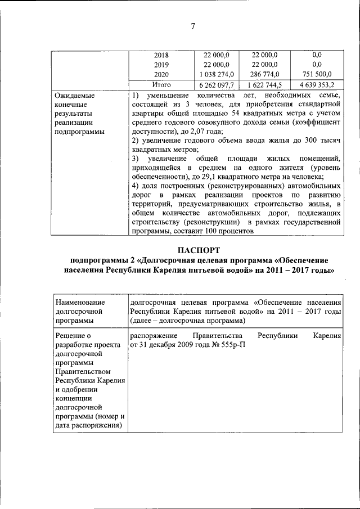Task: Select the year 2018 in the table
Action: pyautogui.click(x=161, y=55)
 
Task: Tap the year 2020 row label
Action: pyautogui.click(x=161, y=74)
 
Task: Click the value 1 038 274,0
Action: pyautogui.click(x=217, y=74)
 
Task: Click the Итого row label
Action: pyautogui.click(x=161, y=84)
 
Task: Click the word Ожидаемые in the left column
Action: pyautogui.click(x=74, y=96)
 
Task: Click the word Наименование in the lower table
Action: pyautogui.click(x=80, y=303)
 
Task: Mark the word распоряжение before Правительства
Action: pyautogui.click(x=154, y=336)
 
